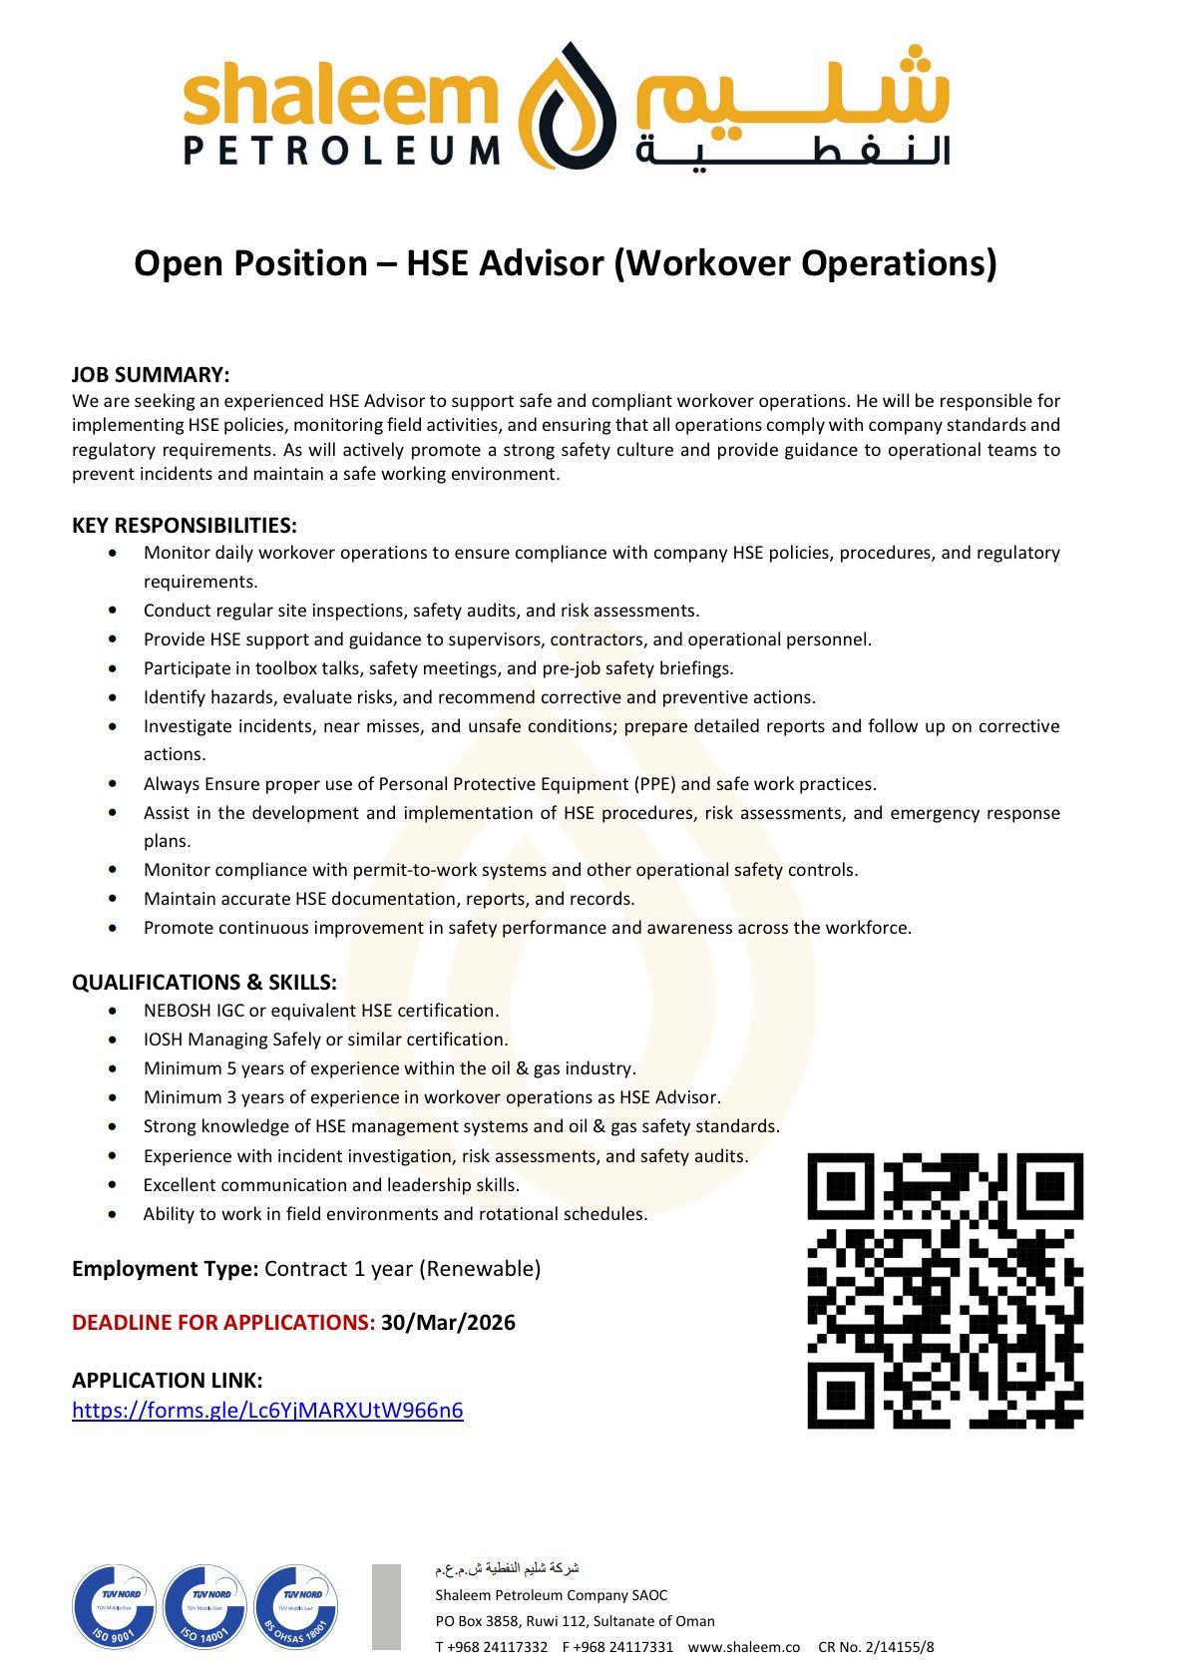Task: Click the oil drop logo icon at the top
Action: tap(565, 106)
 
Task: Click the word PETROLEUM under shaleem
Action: tap(342, 151)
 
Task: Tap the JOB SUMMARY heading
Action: tap(151, 375)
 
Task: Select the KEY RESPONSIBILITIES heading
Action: tap(185, 526)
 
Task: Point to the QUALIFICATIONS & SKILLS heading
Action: tap(204, 983)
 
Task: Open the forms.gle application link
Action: tap(267, 1411)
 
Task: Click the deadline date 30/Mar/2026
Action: tap(448, 1323)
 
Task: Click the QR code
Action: tap(945, 1290)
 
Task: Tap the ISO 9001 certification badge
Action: tap(115, 1606)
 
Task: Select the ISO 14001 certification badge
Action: tap(205, 1606)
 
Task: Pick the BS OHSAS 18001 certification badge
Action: tap(296, 1606)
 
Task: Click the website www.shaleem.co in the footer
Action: tap(744, 1647)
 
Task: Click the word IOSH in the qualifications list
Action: tap(163, 1040)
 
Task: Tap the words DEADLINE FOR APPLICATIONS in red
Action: tap(223, 1323)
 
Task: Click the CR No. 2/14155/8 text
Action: tap(876, 1647)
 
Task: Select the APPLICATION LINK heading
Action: tap(168, 1381)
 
